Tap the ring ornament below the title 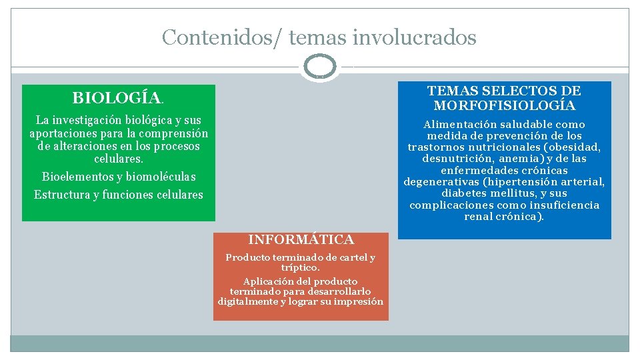click(x=319, y=67)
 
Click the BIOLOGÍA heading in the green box click(x=117, y=98)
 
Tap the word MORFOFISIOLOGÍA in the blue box click(x=504, y=106)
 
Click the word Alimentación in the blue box click(x=461, y=125)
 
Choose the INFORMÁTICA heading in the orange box click(x=301, y=239)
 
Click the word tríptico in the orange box click(x=299, y=267)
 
